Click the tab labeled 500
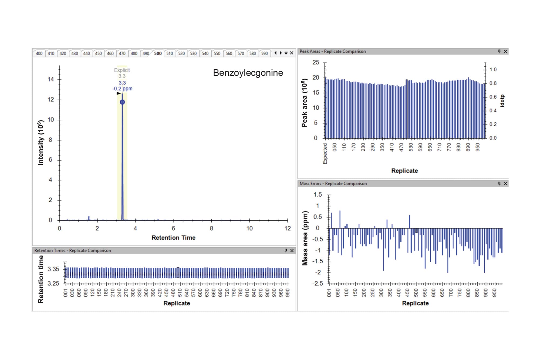(x=158, y=53)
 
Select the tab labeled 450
(x=98, y=53)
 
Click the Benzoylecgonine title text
(x=248, y=73)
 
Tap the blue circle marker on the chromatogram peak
(x=122, y=102)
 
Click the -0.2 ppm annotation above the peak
(x=122, y=89)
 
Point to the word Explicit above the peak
(x=122, y=70)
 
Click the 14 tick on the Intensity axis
(x=51, y=79)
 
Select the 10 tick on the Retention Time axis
(x=249, y=228)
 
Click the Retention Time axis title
(x=173, y=238)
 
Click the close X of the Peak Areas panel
(x=505, y=51)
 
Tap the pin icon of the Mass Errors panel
(x=499, y=183)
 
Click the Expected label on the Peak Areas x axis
(x=325, y=153)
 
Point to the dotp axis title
(x=502, y=101)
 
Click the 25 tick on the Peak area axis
(x=316, y=62)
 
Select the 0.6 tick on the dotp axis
(x=493, y=97)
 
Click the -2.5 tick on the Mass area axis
(x=318, y=283)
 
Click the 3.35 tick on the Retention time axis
(x=53, y=269)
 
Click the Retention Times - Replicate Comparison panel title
(x=73, y=251)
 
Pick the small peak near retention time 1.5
(x=89, y=218)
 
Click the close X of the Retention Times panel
(x=292, y=251)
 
